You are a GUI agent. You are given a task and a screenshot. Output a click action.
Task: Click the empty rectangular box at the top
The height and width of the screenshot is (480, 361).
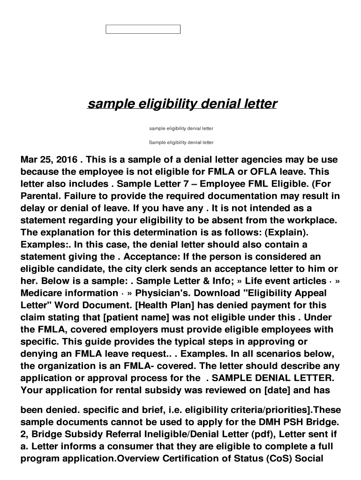pos(143,30)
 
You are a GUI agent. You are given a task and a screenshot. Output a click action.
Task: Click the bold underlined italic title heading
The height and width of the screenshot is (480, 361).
pos(182,103)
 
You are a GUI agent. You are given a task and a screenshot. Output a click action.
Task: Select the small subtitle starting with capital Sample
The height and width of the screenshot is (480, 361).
pos(181,142)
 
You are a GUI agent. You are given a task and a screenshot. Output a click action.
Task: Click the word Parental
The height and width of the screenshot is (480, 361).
pos(40,196)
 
